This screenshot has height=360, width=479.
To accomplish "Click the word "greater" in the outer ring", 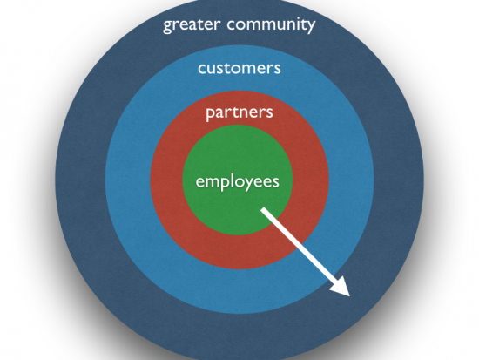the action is (192, 25).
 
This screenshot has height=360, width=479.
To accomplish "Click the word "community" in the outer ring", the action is (271, 25).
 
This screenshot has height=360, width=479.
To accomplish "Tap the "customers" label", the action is (239, 68).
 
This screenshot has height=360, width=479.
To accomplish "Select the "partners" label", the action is (239, 113).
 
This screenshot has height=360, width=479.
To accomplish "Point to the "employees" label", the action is (238, 182).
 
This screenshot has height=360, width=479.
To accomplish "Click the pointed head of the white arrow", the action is (350, 296).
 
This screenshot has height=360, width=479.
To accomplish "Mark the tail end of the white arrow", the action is (263, 210).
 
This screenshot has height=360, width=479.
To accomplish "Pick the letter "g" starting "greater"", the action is (168, 27).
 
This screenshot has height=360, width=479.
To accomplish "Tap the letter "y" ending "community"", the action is (311, 27).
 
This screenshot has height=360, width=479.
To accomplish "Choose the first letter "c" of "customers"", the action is (202, 69).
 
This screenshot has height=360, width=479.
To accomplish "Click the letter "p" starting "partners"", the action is (211, 115).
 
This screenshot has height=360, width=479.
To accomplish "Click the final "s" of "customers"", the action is (277, 69).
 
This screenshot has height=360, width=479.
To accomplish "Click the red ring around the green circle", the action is (165, 180).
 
